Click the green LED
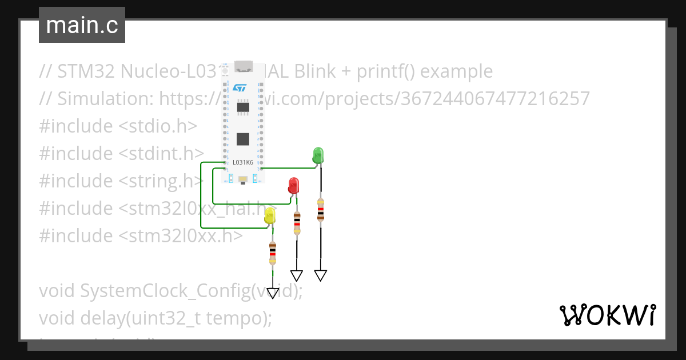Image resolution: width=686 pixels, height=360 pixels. [x=318, y=155]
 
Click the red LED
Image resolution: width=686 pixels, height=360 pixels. [x=293, y=185]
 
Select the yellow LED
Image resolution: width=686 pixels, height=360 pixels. [x=270, y=215]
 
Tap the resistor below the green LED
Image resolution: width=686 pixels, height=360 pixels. [x=321, y=209]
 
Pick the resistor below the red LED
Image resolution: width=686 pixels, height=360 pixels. [x=297, y=222]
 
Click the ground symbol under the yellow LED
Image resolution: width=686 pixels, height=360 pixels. [x=273, y=293]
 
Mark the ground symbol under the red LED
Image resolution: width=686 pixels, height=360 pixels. [x=297, y=275]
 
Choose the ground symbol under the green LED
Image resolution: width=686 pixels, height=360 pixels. [x=321, y=275]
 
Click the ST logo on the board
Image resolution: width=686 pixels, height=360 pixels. [x=238, y=87]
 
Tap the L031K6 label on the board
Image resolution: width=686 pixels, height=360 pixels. [x=243, y=163]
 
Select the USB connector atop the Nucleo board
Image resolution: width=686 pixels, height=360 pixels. [x=244, y=66]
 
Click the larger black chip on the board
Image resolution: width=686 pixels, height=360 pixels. [x=244, y=139]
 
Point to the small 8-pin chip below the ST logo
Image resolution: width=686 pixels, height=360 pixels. [x=244, y=107]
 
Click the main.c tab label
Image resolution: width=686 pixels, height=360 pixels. [x=82, y=25]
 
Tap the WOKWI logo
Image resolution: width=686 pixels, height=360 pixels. [x=607, y=315]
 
